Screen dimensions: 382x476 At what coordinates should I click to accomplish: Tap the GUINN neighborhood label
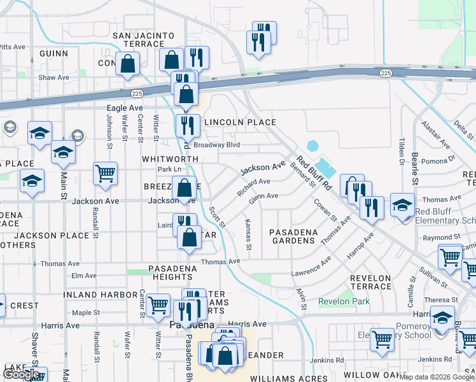53,53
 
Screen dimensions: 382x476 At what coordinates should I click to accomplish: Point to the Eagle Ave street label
125,109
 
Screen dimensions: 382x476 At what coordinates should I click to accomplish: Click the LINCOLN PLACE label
239,122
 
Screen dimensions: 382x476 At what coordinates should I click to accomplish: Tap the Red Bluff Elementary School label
445,216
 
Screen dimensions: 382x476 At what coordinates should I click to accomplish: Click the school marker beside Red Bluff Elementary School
402,205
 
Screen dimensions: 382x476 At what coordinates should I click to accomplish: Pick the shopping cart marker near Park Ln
105,173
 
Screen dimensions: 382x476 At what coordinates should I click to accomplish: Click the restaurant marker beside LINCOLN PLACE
187,125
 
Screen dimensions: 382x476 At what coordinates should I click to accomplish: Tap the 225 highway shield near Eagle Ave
137,93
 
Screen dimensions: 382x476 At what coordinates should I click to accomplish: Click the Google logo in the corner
21,374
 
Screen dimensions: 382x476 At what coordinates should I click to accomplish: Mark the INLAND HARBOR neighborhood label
101,295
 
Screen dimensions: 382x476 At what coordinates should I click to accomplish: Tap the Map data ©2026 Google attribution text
433,377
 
